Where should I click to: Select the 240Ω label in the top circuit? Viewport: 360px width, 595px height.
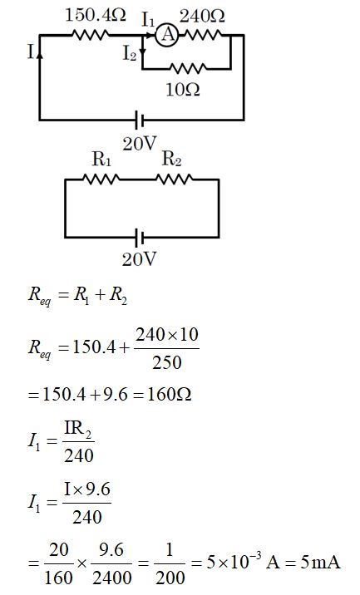pos(203,15)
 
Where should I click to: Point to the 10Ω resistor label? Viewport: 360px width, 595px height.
pos(185,89)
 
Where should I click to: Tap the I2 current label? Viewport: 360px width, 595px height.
pos(130,54)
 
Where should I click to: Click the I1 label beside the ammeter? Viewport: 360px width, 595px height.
pos(148,17)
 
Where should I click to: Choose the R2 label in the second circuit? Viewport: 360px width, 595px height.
pos(171,160)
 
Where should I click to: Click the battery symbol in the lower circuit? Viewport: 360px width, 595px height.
pos(140,238)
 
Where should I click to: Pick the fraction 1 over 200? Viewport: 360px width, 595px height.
pos(170,563)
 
